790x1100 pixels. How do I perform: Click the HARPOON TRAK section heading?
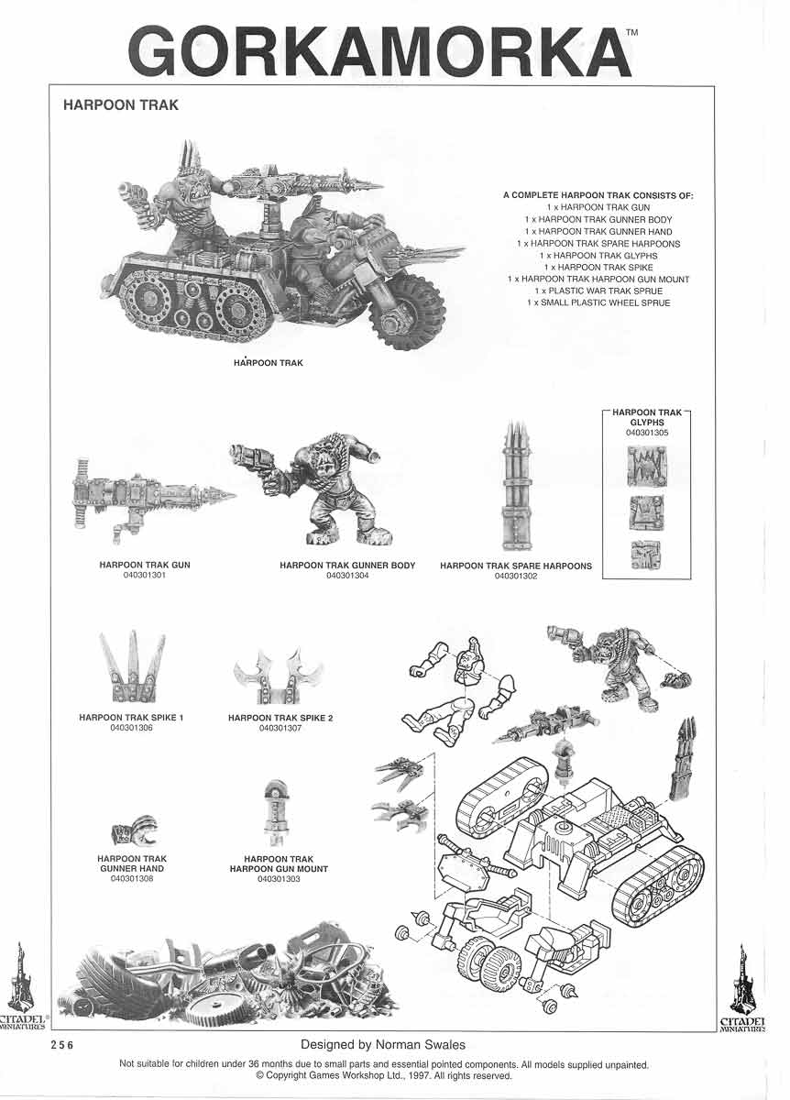coord(120,105)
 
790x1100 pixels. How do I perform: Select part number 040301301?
coord(144,576)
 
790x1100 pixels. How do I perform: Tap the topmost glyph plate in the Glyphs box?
coord(647,467)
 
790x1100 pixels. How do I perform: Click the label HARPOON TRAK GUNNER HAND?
coord(132,863)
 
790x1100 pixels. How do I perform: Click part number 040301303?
coord(280,879)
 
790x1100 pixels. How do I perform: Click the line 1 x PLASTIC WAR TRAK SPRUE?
coord(598,291)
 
